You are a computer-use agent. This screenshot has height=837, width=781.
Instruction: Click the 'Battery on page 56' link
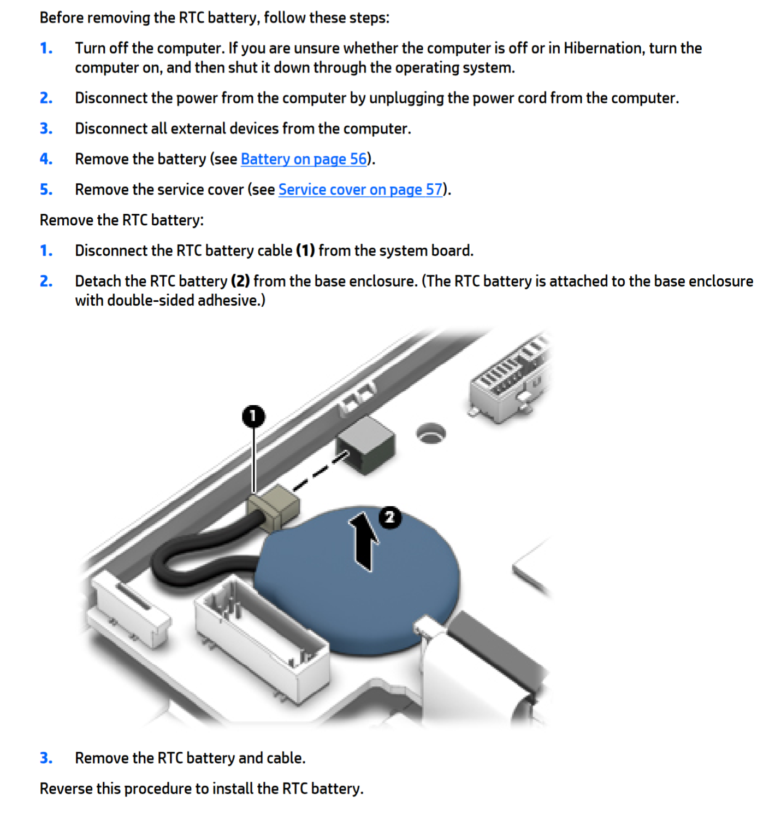pyautogui.click(x=303, y=159)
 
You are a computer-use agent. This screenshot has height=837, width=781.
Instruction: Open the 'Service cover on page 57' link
pyautogui.click(x=360, y=190)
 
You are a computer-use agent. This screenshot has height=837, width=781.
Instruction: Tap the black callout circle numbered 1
pyautogui.click(x=253, y=417)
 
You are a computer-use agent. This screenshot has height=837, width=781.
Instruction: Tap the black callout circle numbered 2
pyautogui.click(x=389, y=517)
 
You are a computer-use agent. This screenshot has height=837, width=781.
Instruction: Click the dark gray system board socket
pyautogui.click(x=366, y=444)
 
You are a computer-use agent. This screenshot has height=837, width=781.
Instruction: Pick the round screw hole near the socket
pyautogui.click(x=431, y=433)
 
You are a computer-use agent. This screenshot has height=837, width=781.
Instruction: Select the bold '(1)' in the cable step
pyautogui.click(x=305, y=251)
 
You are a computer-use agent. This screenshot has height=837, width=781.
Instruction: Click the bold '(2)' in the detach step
pyautogui.click(x=240, y=282)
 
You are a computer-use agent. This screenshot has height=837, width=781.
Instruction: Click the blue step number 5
pyautogui.click(x=46, y=190)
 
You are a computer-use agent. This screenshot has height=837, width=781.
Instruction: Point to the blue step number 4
pyautogui.click(x=46, y=159)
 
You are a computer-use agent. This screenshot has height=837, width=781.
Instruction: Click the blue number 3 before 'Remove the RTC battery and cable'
pyautogui.click(x=46, y=758)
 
